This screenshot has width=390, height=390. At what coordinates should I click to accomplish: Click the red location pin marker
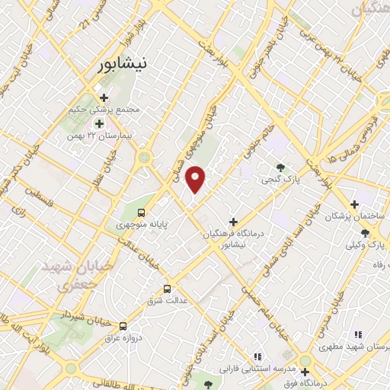(197, 178)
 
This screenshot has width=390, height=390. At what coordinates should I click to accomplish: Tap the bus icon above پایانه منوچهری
(141, 212)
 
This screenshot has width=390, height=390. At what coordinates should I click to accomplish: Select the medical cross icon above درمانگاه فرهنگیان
(233, 222)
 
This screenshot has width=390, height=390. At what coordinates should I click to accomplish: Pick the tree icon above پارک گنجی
(281, 168)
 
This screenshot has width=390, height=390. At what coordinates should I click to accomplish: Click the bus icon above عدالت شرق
(168, 289)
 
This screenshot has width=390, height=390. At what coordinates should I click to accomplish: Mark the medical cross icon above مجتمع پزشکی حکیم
(104, 97)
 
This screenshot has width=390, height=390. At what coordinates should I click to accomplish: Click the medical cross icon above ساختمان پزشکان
(354, 204)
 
